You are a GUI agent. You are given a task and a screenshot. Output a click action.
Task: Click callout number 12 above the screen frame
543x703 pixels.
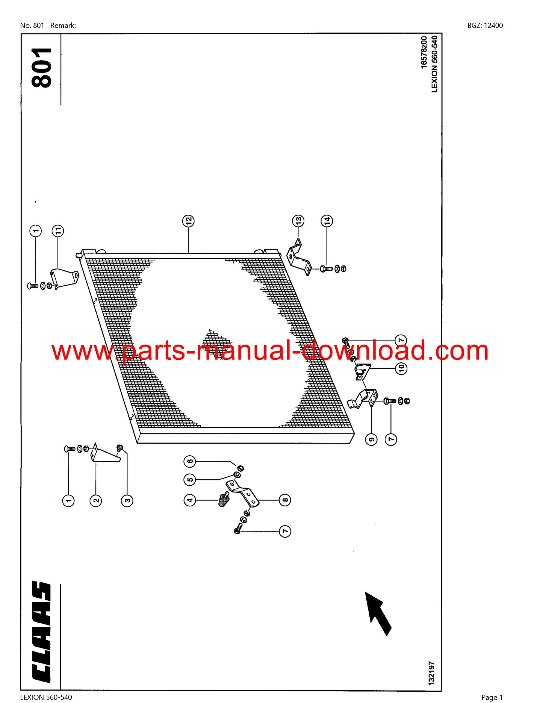(x=188, y=221)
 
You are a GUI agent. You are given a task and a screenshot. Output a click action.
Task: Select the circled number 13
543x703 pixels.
(x=298, y=221)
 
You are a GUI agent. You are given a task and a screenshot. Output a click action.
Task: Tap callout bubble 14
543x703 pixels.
(x=327, y=221)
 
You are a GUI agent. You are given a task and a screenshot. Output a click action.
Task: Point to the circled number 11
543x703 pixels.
(x=58, y=231)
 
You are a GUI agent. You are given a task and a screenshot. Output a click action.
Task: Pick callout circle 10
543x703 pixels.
(x=401, y=368)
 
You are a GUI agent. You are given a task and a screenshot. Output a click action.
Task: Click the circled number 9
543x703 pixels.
(x=371, y=439)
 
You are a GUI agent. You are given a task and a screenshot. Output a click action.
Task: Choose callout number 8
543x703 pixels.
(x=285, y=500)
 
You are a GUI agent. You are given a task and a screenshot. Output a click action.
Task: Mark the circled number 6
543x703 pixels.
(x=190, y=461)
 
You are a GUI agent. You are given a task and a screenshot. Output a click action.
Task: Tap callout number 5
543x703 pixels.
(x=190, y=480)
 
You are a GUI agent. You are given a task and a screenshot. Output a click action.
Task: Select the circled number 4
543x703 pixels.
(x=190, y=500)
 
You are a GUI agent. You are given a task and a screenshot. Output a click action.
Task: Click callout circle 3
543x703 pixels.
(x=127, y=500)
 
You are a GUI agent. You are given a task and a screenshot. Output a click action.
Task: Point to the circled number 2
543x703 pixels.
(x=96, y=500)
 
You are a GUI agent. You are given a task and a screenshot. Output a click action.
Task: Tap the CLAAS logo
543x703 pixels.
(x=41, y=632)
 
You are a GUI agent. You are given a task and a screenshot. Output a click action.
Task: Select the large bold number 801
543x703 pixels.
(x=41, y=68)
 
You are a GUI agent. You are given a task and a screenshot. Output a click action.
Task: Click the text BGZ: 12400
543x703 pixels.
(x=485, y=26)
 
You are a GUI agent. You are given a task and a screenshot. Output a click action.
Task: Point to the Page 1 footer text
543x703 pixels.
(x=492, y=697)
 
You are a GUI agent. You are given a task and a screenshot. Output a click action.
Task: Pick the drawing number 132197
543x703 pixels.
(x=431, y=673)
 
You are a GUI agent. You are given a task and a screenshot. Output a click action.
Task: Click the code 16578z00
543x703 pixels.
(x=424, y=52)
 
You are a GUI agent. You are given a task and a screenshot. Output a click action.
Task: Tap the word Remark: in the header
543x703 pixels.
(x=63, y=26)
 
